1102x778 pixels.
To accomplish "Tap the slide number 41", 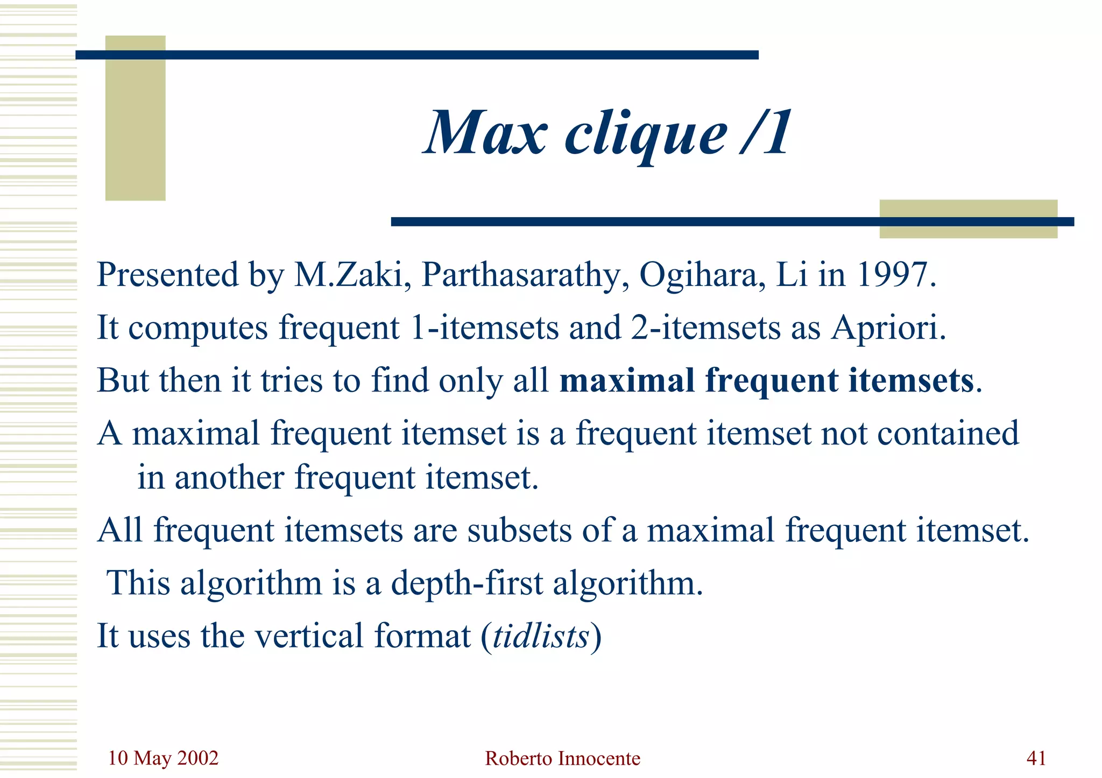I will point(1036,758).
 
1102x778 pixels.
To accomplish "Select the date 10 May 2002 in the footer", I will point(163,758).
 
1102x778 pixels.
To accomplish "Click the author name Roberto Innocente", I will point(562,759).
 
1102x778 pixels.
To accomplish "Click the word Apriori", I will point(888,328).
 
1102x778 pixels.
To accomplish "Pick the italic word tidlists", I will point(541,636).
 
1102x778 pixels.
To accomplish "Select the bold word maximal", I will point(627,380).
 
